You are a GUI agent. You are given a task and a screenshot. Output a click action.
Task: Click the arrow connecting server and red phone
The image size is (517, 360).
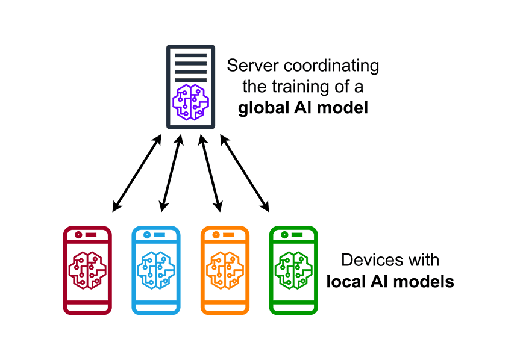pyautogui.click(x=137, y=173)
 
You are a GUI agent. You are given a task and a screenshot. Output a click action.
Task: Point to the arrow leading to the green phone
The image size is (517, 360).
pyautogui.click(x=245, y=173)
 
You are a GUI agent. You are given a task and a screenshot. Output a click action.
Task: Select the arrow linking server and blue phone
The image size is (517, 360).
pyautogui.click(x=172, y=173)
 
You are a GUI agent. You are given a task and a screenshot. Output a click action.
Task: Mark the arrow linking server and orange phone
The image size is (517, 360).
pyautogui.click(x=209, y=173)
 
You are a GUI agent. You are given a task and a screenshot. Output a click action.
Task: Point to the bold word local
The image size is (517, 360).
pyautogui.click(x=344, y=281)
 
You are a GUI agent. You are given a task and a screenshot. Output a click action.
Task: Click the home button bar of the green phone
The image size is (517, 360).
pyautogui.click(x=293, y=306)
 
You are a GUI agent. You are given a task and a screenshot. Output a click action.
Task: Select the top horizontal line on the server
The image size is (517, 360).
pyautogui.click(x=190, y=55)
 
